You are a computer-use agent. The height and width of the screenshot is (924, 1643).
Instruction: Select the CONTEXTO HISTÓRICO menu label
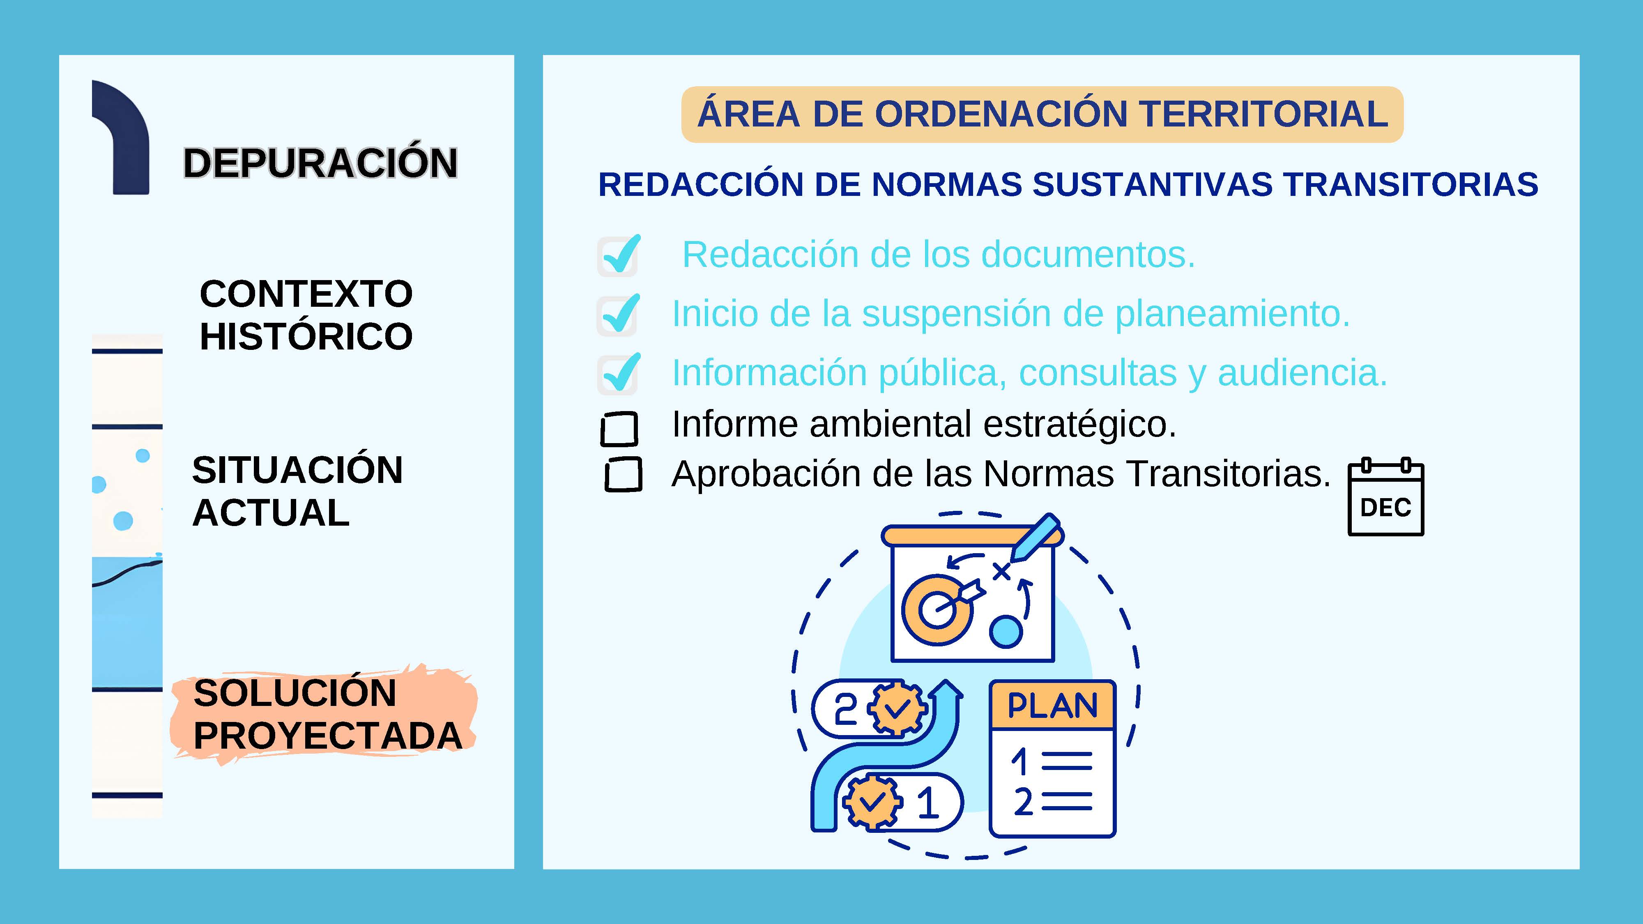pos(306,315)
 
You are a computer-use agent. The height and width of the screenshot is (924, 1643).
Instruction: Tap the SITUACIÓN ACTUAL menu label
pos(297,491)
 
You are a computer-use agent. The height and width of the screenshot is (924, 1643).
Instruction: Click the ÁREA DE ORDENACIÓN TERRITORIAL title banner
pos(1042,114)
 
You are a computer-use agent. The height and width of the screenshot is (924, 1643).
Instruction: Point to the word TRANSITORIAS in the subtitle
pos(1411,184)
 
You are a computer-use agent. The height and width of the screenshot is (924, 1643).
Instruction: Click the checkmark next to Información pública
pos(619,373)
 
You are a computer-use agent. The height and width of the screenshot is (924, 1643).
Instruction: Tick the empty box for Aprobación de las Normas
pos(623,474)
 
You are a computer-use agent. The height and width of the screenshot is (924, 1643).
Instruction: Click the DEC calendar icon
pos(1385,497)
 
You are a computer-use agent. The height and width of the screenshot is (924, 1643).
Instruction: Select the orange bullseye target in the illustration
pos(937,608)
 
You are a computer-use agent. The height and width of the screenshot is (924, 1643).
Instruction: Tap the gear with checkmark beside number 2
pos(897,708)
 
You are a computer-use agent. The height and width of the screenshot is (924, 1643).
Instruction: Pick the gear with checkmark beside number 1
pos(872,800)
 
